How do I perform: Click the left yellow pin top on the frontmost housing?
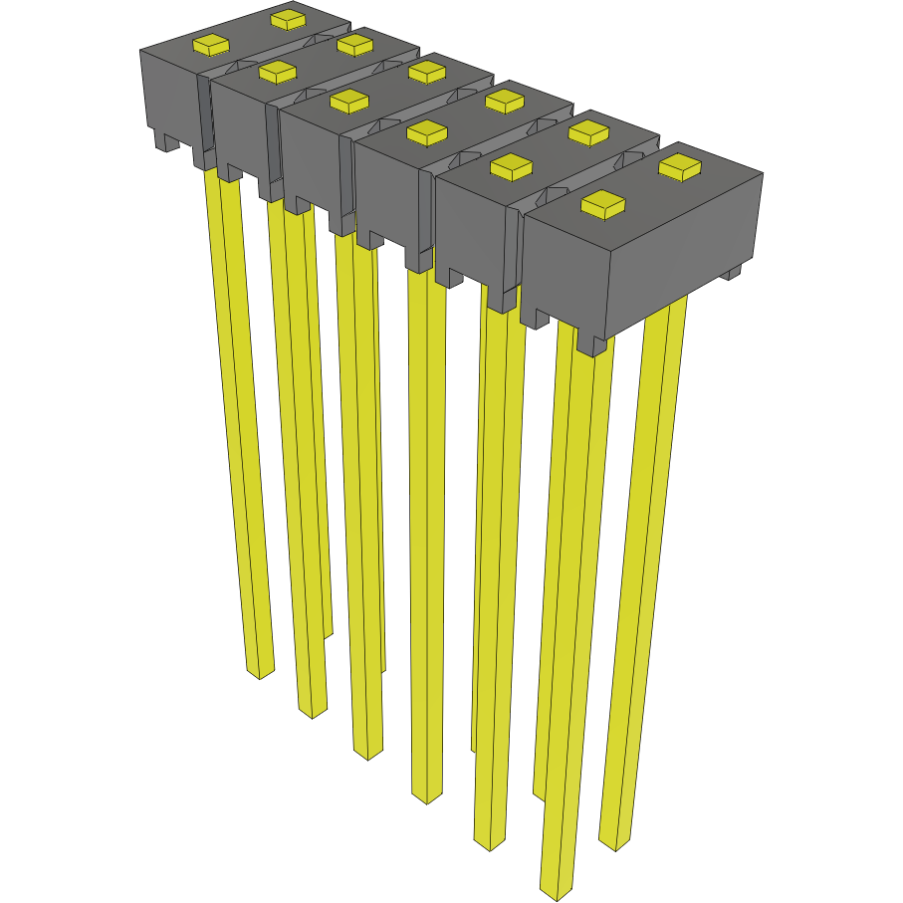(x=602, y=205)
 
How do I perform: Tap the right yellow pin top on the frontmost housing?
(x=680, y=167)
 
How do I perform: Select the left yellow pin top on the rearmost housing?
(x=211, y=45)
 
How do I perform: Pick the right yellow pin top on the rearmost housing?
(x=288, y=18)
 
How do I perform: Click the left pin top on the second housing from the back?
(x=278, y=72)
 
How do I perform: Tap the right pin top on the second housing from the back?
(x=354, y=45)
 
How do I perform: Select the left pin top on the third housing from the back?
(x=348, y=101)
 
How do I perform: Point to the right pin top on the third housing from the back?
(x=426, y=71)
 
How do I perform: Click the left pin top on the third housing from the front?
(x=425, y=130)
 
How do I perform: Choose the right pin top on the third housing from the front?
(x=505, y=100)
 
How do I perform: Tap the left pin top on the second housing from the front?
(x=511, y=168)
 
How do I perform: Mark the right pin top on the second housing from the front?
(x=588, y=131)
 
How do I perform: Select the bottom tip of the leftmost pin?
(x=260, y=673)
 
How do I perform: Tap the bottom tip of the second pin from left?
(x=312, y=711)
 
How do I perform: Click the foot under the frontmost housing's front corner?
(x=591, y=345)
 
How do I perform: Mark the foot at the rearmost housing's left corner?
(x=162, y=141)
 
